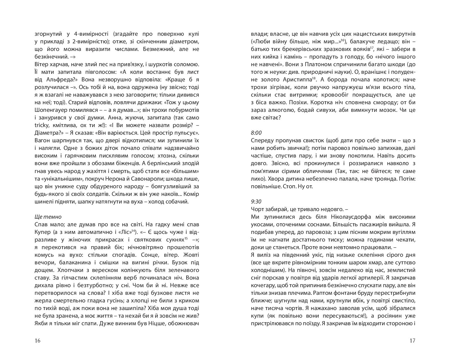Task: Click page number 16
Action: pyautogui.click(x=37, y=340)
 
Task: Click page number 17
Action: pyautogui.click(x=412, y=340)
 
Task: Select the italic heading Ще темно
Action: pyautogui.click(x=48, y=217)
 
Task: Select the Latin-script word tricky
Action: pyautogui.click(x=41, y=125)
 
